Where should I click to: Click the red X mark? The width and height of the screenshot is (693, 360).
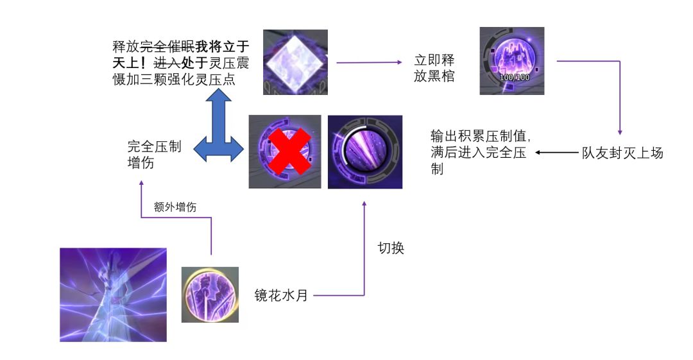click(x=285, y=152)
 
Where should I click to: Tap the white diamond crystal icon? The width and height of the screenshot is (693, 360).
click(x=295, y=62)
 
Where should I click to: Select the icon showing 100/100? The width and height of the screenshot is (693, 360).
click(x=512, y=61)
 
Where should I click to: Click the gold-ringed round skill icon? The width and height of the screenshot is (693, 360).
click(x=210, y=294)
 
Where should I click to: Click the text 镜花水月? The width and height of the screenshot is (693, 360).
click(x=281, y=296)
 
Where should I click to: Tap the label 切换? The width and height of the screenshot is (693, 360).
click(x=391, y=248)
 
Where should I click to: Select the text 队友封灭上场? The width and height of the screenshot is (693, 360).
click(x=622, y=153)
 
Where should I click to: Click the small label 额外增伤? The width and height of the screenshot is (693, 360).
click(x=175, y=207)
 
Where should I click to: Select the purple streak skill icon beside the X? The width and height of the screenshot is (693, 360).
click(x=364, y=152)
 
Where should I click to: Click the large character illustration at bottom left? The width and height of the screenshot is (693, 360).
click(x=113, y=295)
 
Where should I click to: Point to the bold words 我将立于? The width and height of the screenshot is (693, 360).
click(x=222, y=47)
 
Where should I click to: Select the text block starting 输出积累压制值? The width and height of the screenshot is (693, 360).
click(x=480, y=153)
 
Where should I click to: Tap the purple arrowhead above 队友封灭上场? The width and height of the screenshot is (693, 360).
click(x=620, y=129)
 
